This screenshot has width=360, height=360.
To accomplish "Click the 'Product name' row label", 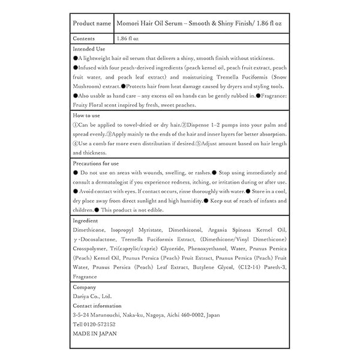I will (x=91, y=23).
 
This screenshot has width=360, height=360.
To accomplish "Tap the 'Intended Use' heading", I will (x=89, y=48).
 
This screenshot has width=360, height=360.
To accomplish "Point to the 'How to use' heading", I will (x=86, y=115).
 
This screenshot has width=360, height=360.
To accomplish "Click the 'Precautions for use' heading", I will (x=95, y=163).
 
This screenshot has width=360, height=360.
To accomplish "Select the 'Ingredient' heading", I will (x=86, y=220).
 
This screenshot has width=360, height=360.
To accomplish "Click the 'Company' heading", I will (x=84, y=286).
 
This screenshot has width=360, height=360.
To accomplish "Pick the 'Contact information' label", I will (x=98, y=305).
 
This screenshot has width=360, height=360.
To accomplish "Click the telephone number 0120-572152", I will (x=99, y=324).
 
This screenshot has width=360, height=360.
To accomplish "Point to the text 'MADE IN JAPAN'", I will (x=94, y=333).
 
